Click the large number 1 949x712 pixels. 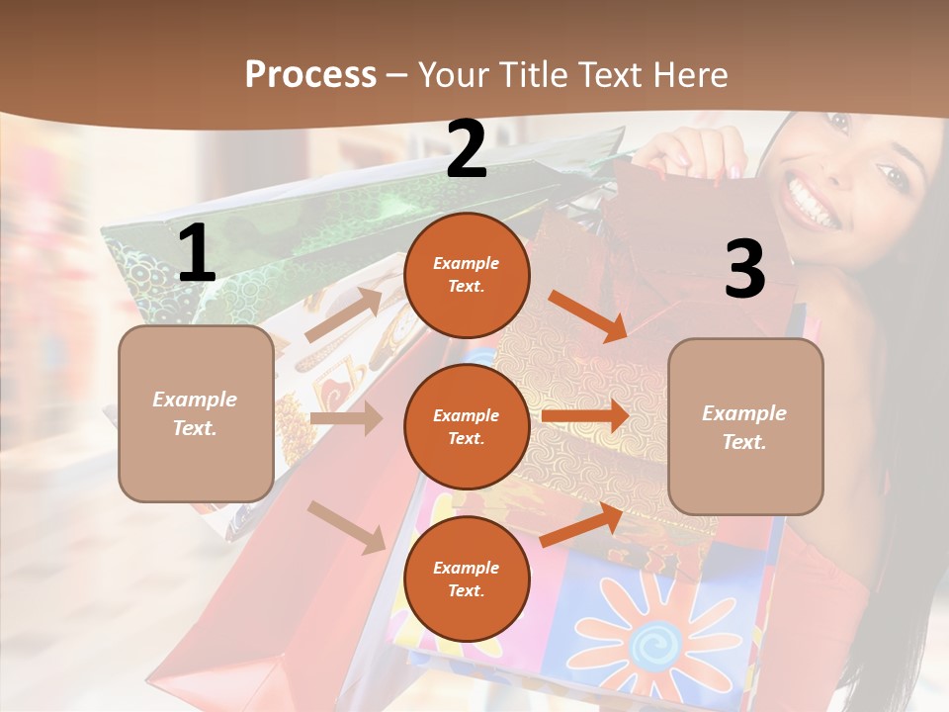pos(197,254)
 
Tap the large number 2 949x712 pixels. pos(467,149)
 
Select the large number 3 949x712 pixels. pos(744,269)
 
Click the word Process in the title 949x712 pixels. pos(310,74)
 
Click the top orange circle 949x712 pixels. pos(467,275)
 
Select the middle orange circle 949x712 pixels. pos(467,426)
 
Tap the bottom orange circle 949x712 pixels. pos(467,578)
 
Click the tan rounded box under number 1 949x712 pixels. pos(196,413)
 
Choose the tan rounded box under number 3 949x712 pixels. pos(745,426)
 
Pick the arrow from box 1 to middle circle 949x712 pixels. pos(346,418)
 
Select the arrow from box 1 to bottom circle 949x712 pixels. pos(346,526)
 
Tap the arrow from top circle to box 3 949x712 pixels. pos(589,316)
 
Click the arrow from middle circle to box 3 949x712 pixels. pos(585,415)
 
